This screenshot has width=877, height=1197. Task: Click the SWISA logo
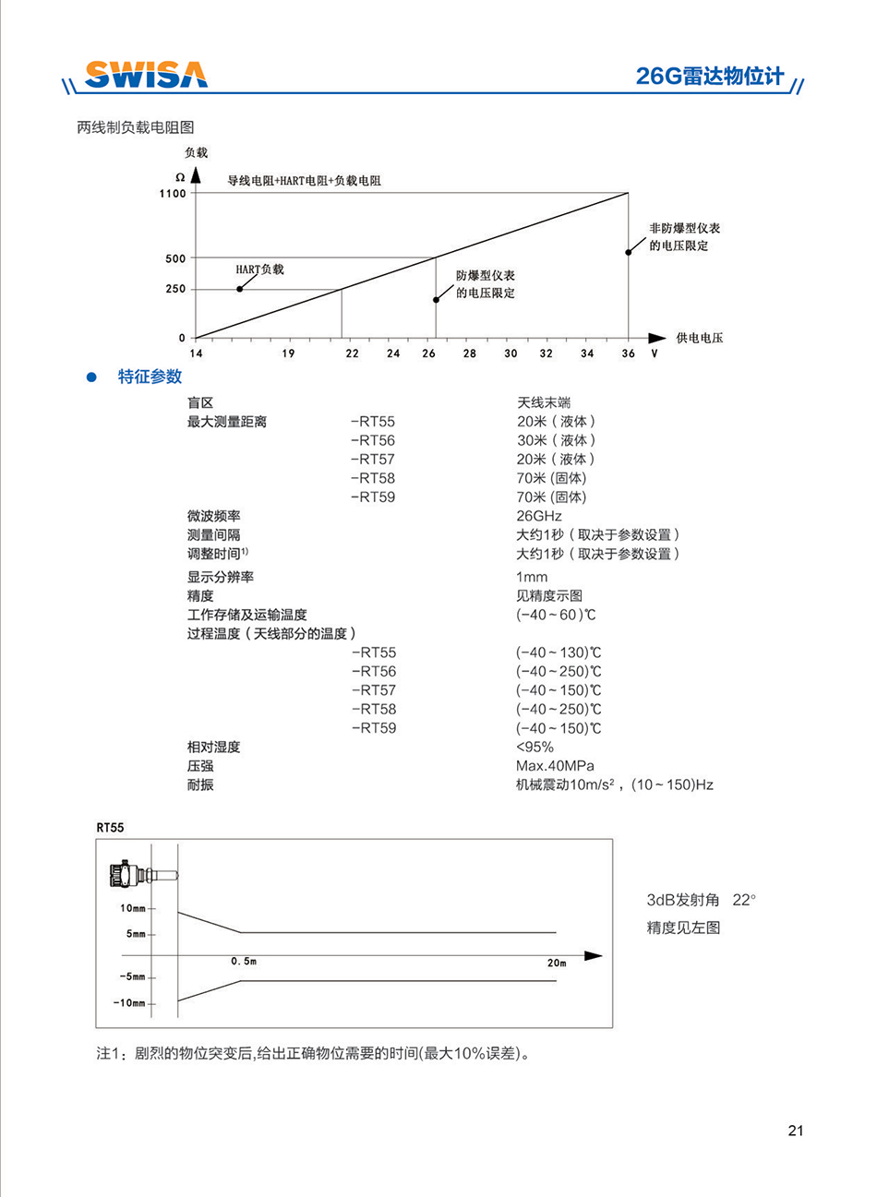click(x=146, y=75)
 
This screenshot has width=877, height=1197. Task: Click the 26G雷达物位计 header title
click(x=709, y=77)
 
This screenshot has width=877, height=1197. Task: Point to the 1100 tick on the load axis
click(x=173, y=194)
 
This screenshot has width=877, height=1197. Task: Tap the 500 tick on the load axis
click(x=175, y=258)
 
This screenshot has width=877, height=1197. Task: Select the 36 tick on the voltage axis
click(x=628, y=353)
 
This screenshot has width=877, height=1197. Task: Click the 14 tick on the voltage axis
click(x=196, y=353)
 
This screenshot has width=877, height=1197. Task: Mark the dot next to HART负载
click(x=239, y=289)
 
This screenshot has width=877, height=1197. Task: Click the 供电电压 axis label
click(x=699, y=338)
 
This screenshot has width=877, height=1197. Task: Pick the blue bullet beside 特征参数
click(x=91, y=377)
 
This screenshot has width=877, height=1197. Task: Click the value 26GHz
click(x=539, y=516)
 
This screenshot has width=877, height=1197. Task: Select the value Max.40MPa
click(x=555, y=765)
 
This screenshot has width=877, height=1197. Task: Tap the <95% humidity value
click(x=535, y=747)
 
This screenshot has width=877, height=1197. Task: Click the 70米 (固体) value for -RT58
click(x=551, y=478)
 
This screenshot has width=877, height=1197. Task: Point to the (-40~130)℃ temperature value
click(x=559, y=652)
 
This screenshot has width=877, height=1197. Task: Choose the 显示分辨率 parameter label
click(x=220, y=577)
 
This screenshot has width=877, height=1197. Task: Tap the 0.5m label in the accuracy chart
click(x=244, y=962)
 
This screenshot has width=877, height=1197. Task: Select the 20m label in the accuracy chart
click(x=556, y=963)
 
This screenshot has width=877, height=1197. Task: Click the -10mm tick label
click(x=130, y=1003)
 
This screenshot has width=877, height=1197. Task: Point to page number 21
click(x=797, y=1131)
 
